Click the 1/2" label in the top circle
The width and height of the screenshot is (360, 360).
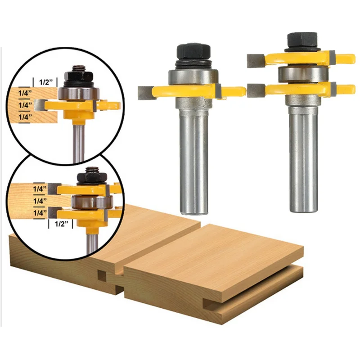pyautogui.click(x=46, y=82)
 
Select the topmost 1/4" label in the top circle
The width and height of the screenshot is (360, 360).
pyautogui.click(x=25, y=93)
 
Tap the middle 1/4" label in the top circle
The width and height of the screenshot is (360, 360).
pyautogui.click(x=25, y=105)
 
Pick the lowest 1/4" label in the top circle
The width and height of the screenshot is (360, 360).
pyautogui.click(x=25, y=117)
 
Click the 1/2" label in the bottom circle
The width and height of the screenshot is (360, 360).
pyautogui.click(x=62, y=224)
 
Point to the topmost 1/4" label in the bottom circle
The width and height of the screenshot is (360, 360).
pyautogui.click(x=40, y=189)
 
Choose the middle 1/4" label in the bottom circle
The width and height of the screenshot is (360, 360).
pyautogui.click(x=40, y=201)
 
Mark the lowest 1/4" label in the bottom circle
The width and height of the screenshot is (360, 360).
pyautogui.click(x=40, y=213)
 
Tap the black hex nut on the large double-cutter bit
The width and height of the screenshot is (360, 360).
pyautogui.click(x=302, y=40)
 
